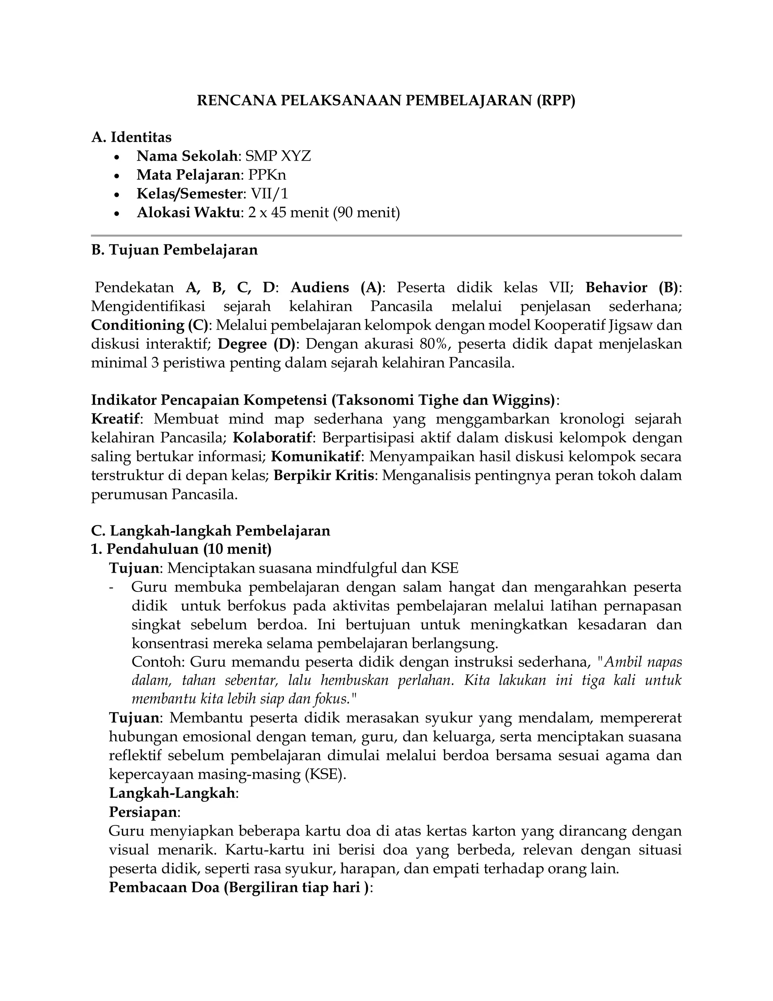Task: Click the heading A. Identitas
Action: click(131, 137)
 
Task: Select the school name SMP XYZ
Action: click(278, 156)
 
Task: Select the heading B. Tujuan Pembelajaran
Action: click(174, 250)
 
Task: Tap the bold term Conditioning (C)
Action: click(149, 325)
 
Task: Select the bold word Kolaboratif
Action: click(273, 438)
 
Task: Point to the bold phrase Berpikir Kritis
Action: click(324, 475)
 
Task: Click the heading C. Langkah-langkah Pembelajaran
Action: click(211, 531)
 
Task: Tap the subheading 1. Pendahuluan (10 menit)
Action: click(181, 549)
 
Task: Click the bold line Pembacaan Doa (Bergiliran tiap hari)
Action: click(240, 888)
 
